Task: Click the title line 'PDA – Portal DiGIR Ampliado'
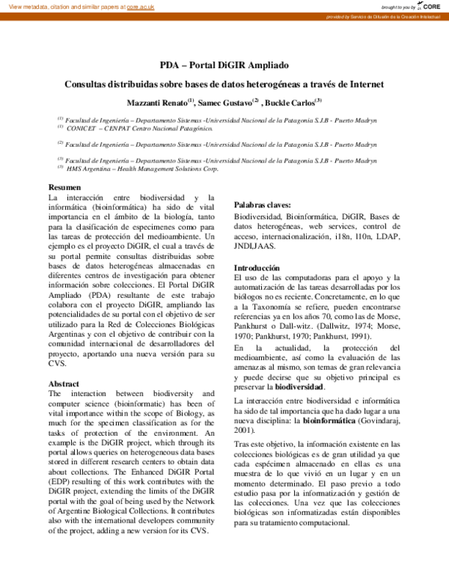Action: click(x=224, y=65)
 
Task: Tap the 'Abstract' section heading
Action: click(x=64, y=384)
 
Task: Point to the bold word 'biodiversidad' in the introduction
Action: click(x=299, y=388)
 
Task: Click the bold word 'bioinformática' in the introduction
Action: click(x=330, y=422)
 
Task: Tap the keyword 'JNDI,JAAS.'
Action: click(x=255, y=246)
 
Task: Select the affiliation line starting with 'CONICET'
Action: click(x=139, y=128)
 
